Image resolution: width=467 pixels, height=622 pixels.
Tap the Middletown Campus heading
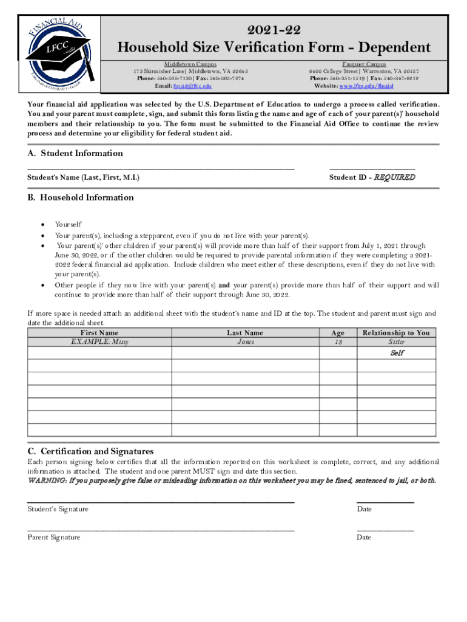point(190,64)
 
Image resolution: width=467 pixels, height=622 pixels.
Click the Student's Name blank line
point(161,167)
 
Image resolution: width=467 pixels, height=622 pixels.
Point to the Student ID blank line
point(372,167)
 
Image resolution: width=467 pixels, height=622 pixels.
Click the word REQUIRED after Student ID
point(394,177)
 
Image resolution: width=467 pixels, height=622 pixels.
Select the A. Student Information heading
point(75,153)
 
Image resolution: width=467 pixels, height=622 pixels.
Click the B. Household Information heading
point(81,197)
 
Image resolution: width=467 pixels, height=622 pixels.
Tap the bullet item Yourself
point(68,224)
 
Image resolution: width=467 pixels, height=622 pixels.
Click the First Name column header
point(99,333)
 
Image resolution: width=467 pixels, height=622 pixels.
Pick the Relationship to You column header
point(395,333)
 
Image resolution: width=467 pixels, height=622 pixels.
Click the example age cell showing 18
point(338,342)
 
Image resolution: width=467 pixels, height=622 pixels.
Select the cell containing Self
point(397,353)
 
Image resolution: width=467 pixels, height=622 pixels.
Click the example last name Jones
point(245,342)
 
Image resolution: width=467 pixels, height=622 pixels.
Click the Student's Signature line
point(161,501)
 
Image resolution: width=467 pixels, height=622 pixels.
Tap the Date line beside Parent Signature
point(385,530)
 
